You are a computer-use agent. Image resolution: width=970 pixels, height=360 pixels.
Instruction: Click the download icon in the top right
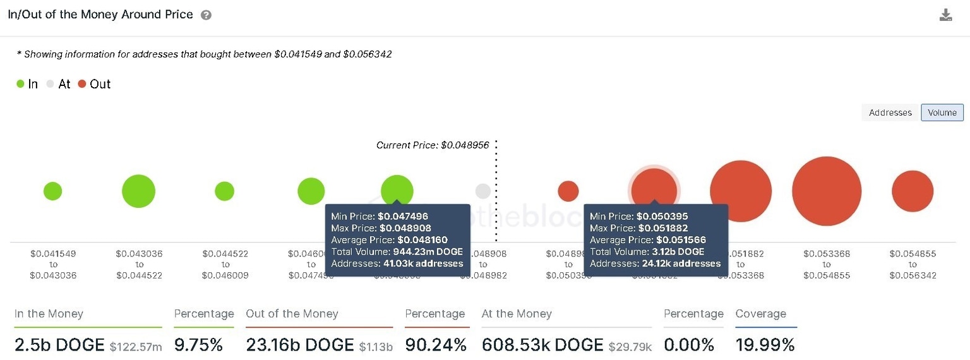[x=945, y=15]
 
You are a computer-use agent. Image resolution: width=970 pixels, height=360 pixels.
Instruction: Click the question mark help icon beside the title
[x=206, y=15]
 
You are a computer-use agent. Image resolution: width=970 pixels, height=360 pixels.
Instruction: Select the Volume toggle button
[x=942, y=112]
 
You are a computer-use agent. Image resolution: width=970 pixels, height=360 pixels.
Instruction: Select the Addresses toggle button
[x=890, y=112]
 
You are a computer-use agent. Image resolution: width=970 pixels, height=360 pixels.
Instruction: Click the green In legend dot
[x=20, y=84]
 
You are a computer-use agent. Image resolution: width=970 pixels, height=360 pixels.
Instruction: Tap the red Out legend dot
[x=82, y=84]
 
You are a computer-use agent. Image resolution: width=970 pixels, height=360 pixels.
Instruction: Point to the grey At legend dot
[x=51, y=84]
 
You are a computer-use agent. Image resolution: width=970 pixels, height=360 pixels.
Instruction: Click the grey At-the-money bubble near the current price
[x=483, y=191]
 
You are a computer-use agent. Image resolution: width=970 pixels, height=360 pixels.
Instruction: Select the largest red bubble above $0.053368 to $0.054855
[x=827, y=191]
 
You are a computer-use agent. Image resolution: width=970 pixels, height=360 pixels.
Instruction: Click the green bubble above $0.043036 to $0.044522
[x=138, y=191]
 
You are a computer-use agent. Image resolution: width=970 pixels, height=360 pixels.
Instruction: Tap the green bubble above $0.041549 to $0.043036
[x=52, y=191]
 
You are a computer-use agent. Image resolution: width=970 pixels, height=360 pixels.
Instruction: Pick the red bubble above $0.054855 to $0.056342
[x=913, y=191]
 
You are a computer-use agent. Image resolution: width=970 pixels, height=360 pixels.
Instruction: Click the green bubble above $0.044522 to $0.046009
[x=224, y=191]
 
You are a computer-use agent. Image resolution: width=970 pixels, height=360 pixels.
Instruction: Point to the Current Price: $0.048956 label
[x=433, y=145]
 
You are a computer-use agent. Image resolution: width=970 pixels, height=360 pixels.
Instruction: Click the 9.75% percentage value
[x=198, y=345]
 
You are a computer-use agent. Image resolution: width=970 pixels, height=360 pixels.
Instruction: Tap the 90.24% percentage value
[x=435, y=345]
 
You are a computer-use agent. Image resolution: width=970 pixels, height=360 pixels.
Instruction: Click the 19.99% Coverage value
[x=765, y=345]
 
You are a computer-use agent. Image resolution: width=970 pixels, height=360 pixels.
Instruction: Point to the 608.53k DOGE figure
[x=542, y=345]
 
